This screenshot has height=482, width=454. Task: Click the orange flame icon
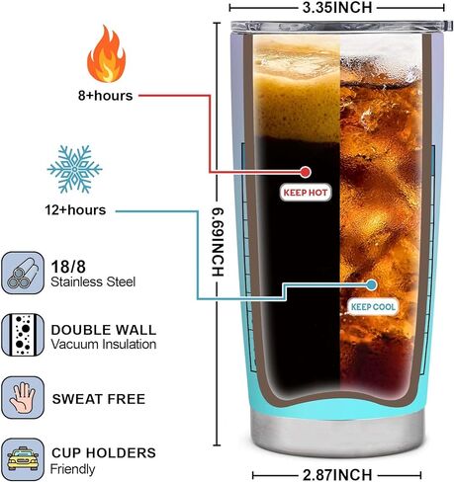(106, 54)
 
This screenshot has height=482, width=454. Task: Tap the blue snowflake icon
(75, 169)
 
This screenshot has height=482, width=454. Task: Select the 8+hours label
(105, 96)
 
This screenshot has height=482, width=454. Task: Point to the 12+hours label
(75, 210)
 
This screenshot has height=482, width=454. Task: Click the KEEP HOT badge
(306, 193)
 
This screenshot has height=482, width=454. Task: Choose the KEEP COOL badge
(373, 307)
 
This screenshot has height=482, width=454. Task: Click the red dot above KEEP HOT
(306, 172)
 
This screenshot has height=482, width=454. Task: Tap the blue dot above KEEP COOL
(372, 284)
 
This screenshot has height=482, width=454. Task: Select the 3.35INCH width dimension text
(337, 8)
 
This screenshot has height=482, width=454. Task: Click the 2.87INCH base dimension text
(337, 475)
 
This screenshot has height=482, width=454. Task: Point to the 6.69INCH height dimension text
(218, 242)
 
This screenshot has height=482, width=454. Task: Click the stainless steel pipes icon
(23, 273)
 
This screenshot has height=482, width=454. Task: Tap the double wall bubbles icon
(23, 335)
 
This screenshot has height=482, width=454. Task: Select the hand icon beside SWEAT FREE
(23, 398)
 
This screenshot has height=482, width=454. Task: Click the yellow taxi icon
(23, 459)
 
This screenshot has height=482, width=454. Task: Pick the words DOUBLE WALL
(104, 330)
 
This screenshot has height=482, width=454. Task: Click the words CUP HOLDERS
(104, 452)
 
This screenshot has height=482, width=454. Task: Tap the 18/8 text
(68, 267)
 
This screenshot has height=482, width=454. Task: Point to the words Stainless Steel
(93, 282)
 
